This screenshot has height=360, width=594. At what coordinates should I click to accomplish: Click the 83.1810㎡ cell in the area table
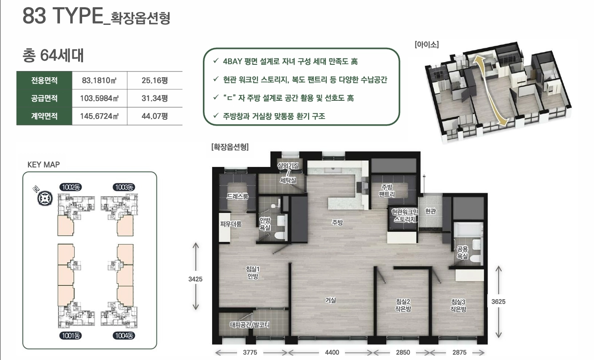(x=99, y=80)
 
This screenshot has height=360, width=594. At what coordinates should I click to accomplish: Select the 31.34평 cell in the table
(x=154, y=99)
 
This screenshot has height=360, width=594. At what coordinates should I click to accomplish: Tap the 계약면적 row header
(x=44, y=116)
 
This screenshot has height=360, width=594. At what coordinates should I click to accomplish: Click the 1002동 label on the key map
(x=71, y=187)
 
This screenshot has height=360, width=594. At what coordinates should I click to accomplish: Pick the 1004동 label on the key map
(x=124, y=336)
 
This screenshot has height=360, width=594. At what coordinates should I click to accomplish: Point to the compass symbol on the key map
(x=45, y=198)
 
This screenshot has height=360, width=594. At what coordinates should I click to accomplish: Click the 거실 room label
(x=331, y=300)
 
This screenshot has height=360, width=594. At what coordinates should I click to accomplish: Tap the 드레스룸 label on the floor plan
(x=238, y=196)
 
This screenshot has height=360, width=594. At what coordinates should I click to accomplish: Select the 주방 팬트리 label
(x=387, y=190)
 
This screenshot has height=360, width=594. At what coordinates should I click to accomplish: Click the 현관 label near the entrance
(x=430, y=211)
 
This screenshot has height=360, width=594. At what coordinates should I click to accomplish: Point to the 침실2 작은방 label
(x=403, y=305)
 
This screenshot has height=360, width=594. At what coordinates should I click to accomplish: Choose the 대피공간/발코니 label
(x=249, y=325)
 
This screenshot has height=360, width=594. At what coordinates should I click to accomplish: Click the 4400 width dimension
(x=332, y=352)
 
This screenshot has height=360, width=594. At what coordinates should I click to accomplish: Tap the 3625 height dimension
(x=498, y=301)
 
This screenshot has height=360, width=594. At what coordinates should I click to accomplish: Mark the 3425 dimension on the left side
(x=195, y=279)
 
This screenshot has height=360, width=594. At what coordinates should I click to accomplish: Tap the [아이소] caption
(x=427, y=44)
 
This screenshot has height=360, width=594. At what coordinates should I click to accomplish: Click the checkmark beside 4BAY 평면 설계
(x=216, y=61)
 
